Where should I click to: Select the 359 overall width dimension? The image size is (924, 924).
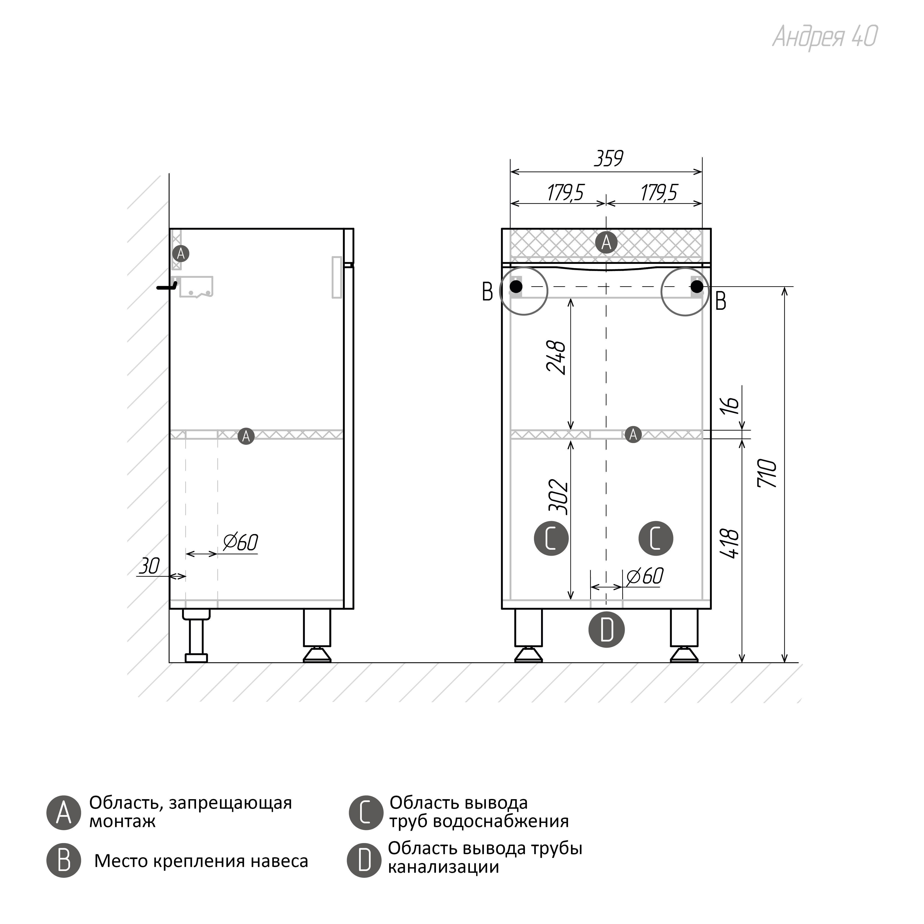608,158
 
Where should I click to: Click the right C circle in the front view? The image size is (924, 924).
656,539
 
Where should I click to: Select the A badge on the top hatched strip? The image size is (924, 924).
606,243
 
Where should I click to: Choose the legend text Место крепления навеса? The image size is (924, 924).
201,861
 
